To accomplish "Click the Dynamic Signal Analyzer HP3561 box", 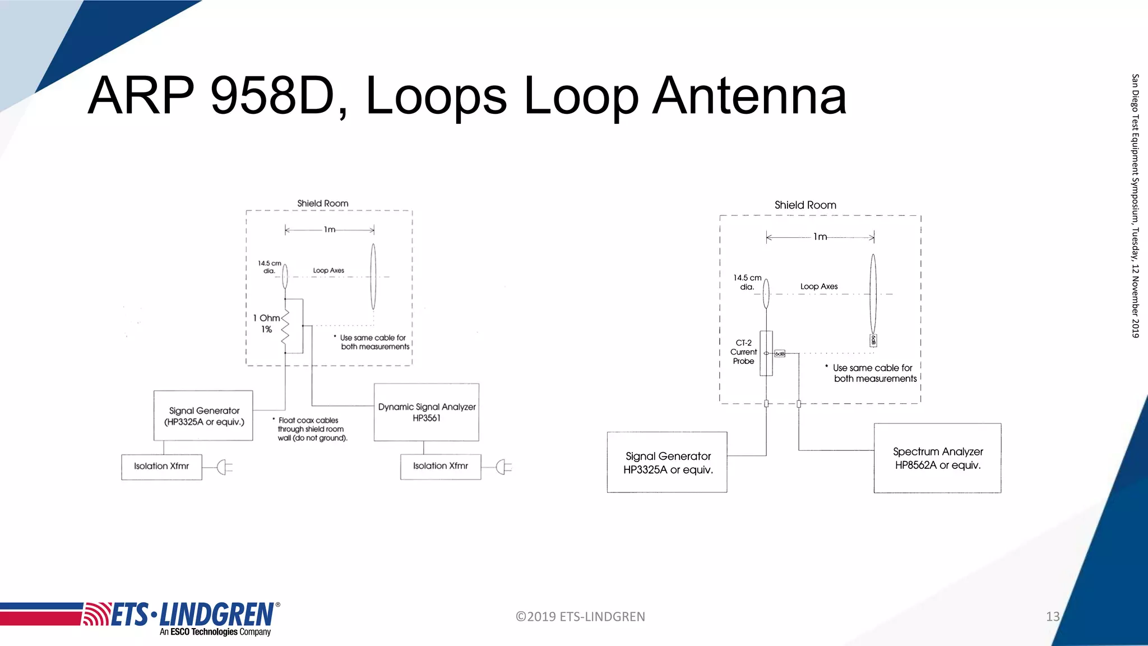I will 427,412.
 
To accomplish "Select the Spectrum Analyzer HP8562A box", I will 937,458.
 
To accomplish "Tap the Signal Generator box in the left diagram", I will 203,416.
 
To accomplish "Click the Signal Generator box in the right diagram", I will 667,463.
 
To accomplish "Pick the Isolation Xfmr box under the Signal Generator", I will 161,467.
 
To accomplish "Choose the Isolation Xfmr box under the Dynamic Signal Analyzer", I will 441,467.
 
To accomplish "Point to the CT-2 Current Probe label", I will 743,352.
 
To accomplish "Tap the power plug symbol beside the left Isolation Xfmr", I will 224,467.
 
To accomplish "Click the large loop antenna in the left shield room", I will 373,276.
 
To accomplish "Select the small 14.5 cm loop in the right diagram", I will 766,294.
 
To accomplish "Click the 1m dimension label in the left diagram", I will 330,229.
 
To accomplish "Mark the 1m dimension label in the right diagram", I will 820,237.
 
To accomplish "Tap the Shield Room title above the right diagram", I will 805,205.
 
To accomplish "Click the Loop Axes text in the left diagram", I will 328,270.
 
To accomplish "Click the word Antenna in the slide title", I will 749,96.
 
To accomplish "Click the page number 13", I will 1052,617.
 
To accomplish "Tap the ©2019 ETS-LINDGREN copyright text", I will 580,617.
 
